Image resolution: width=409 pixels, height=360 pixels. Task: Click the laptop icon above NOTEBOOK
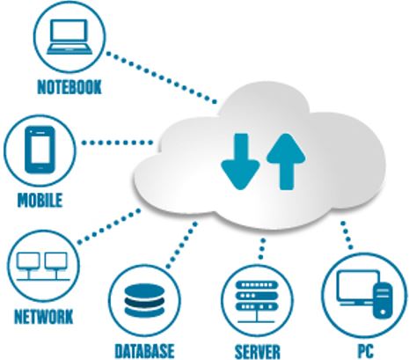point(69,37)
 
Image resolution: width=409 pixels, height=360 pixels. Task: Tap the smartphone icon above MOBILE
point(40,150)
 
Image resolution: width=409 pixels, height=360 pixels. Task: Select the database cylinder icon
point(144,301)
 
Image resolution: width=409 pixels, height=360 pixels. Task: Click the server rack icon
point(257,302)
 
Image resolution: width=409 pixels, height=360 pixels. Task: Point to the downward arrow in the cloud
point(240,161)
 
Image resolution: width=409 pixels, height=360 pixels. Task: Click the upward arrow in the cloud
point(286,161)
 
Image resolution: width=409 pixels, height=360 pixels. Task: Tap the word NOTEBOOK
point(69,87)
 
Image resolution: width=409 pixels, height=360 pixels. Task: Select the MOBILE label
point(40,201)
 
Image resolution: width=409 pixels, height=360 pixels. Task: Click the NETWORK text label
point(44,317)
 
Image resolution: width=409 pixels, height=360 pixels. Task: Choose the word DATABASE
point(144,350)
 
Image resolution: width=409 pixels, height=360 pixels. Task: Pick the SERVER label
point(258,351)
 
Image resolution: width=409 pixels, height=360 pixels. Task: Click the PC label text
point(366,350)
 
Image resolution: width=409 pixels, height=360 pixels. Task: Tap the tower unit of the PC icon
point(383,300)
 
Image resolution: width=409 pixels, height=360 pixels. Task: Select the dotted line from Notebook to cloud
point(162,77)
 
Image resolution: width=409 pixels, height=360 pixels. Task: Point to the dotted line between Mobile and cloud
point(117,143)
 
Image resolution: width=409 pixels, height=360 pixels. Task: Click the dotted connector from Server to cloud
point(262,249)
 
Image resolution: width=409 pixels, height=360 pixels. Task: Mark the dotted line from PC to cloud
point(347,235)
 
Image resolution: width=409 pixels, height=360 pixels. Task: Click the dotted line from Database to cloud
point(182,246)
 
